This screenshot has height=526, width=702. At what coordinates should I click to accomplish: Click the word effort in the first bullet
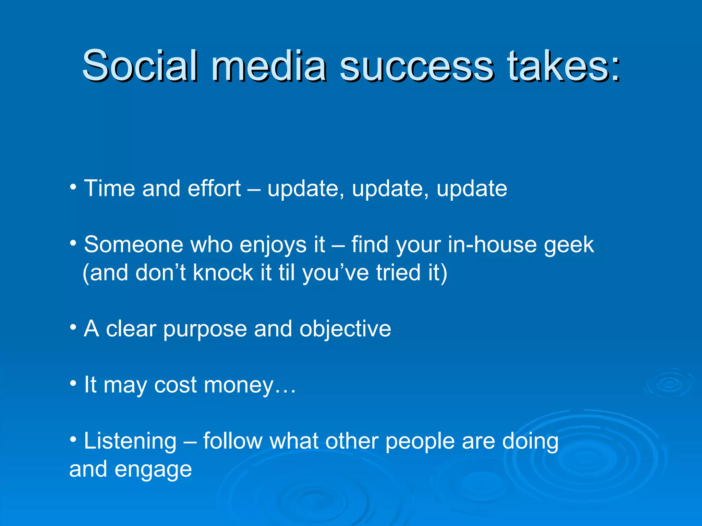click(214, 188)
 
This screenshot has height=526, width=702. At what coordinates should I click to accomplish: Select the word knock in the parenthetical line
click(223, 273)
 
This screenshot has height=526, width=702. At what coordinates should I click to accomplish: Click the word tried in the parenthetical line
click(398, 273)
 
